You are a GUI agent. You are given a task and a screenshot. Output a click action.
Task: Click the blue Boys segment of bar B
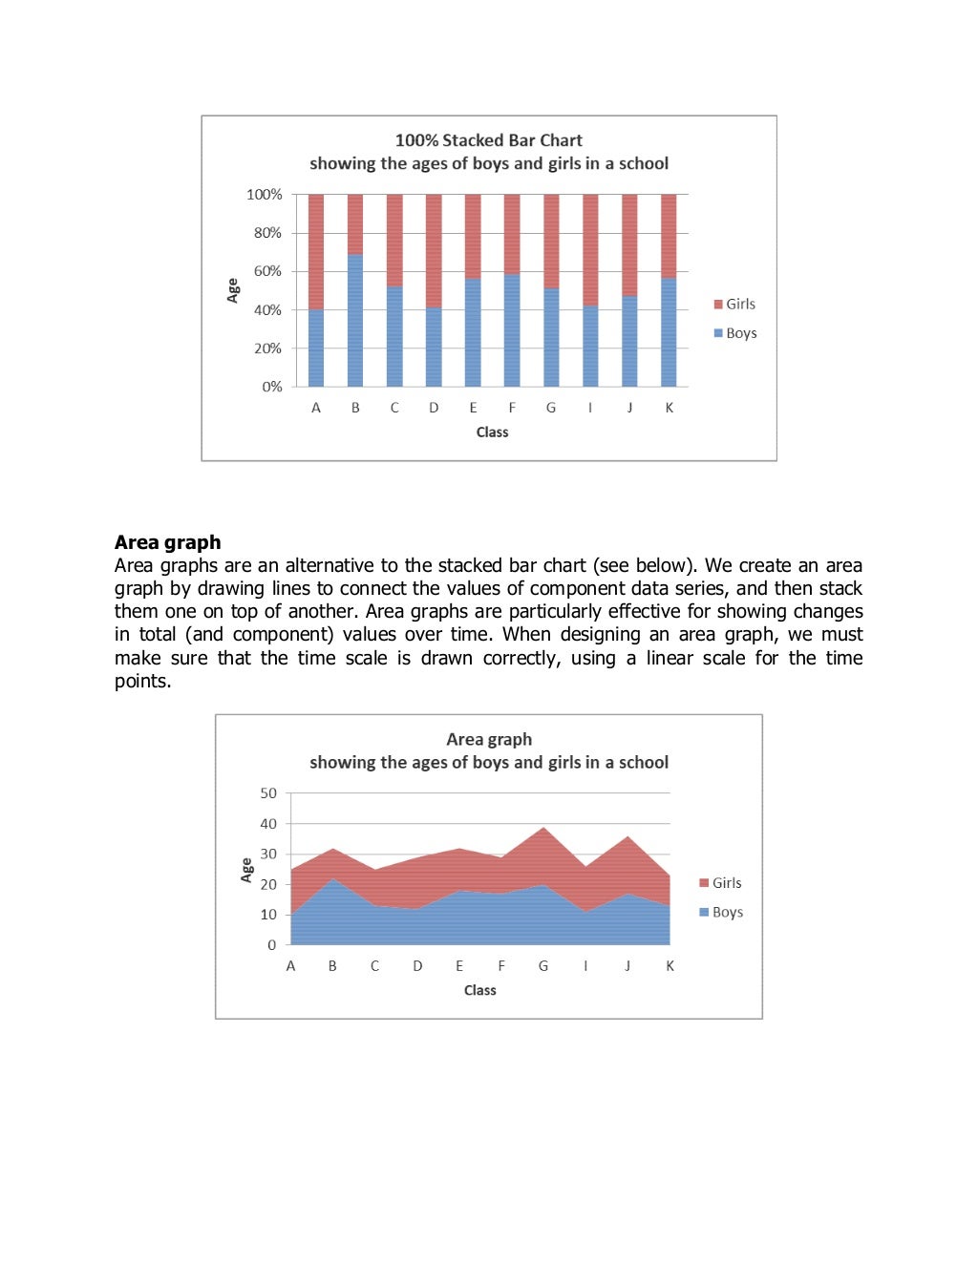coord(355,320)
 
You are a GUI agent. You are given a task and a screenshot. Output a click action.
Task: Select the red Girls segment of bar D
coord(434,250)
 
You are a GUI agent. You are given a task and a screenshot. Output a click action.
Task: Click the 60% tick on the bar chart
coord(267,271)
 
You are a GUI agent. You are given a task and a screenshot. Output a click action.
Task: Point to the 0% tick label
coord(272,387)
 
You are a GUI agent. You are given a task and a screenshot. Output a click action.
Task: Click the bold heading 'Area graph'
coord(167,542)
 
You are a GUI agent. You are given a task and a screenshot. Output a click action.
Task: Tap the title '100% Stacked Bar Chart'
coord(488,140)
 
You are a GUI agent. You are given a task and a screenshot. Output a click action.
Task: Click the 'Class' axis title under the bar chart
coord(492,433)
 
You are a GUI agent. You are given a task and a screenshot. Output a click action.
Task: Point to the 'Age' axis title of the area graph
coord(246,869)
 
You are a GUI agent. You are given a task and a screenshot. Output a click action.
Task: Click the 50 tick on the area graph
coord(268,793)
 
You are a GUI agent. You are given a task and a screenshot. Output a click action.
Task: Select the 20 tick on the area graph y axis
coord(268,884)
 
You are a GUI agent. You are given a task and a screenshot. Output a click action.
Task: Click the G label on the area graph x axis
coord(543,966)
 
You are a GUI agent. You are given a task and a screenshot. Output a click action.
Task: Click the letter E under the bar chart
coord(473,408)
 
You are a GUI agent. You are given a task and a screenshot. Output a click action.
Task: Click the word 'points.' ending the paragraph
coord(142,681)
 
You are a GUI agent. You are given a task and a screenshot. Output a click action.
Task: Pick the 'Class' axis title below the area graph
coord(479,990)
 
